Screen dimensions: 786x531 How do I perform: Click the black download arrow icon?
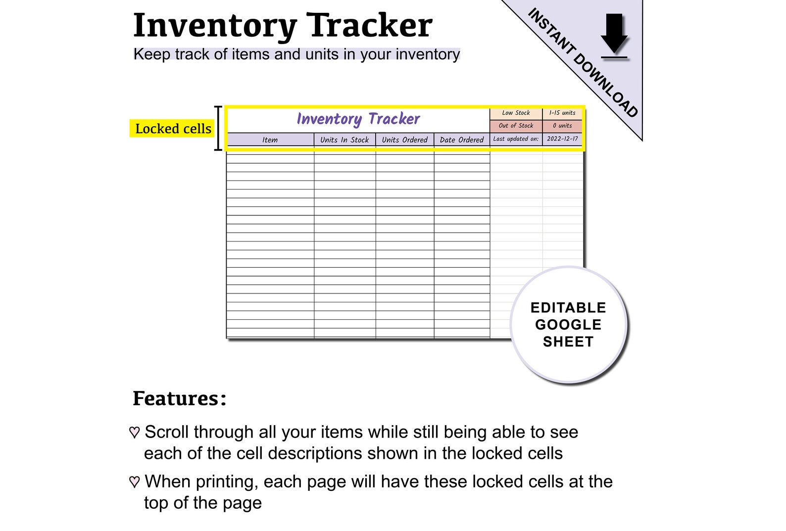[614, 34]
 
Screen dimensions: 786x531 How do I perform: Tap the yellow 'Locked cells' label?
[173, 129]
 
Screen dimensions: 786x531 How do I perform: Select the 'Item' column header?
[270, 140]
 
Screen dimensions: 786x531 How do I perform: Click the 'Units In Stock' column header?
[344, 140]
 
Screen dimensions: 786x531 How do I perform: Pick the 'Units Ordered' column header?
[404, 140]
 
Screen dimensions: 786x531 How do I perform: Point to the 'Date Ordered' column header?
[461, 140]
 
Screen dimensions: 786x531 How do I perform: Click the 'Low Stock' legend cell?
[516, 113]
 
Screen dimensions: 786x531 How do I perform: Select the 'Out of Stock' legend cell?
[516, 126]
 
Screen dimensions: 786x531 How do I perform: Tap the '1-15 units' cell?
[562, 113]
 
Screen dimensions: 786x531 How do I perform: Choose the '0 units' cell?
[562, 126]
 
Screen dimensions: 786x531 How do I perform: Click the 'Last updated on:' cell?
[516, 139]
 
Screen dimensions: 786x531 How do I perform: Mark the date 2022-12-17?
[562, 139]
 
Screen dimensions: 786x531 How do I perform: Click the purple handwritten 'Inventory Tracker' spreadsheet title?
[358, 119]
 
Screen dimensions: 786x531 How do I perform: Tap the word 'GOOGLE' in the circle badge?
[568, 325]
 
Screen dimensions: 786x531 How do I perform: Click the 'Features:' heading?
[179, 398]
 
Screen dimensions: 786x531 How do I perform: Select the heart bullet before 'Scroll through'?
[134, 433]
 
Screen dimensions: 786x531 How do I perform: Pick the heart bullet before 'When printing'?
[134, 482]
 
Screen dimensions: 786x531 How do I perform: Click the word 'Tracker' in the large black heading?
[369, 26]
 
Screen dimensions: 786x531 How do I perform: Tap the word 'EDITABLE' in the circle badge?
[568, 308]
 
